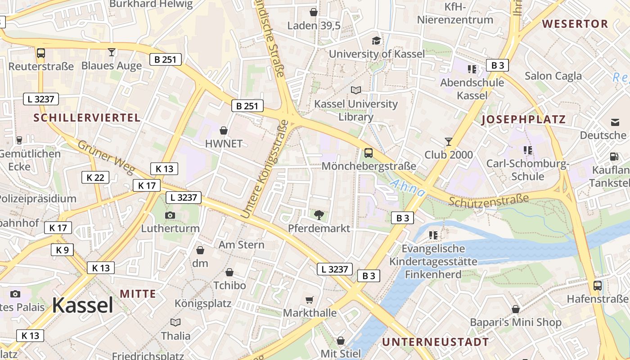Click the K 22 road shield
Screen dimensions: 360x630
click(95, 177)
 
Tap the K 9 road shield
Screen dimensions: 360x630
click(62, 249)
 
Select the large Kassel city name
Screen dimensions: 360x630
click(82, 306)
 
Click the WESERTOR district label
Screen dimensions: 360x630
click(575, 24)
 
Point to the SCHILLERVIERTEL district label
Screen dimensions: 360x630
click(87, 118)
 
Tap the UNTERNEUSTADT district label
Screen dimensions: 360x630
click(435, 342)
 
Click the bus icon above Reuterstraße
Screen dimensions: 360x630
click(41, 53)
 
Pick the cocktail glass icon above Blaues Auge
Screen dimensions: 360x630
click(112, 52)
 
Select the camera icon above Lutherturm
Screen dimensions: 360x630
click(170, 215)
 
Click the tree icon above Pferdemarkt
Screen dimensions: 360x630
click(319, 215)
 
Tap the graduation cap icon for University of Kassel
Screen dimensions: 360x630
click(376, 40)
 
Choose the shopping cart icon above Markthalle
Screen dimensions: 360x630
click(310, 300)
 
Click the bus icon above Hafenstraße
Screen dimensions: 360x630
click(598, 285)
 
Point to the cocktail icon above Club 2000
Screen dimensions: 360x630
click(448, 142)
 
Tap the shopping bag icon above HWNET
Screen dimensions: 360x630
click(224, 130)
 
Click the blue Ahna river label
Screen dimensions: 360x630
click(407, 188)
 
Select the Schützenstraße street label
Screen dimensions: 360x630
click(488, 200)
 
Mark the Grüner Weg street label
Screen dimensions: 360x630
click(106, 157)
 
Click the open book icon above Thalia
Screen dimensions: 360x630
click(175, 322)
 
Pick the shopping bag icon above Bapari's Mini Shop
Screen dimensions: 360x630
click(516, 309)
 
